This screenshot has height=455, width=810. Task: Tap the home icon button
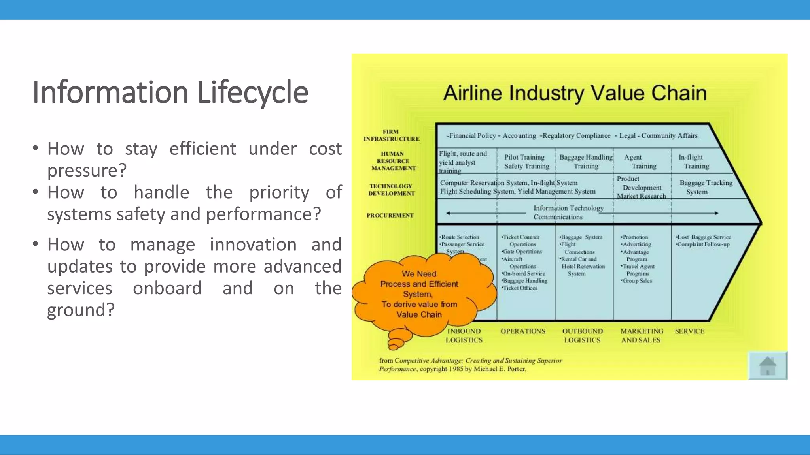click(767, 365)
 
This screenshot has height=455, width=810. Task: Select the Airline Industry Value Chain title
click(574, 93)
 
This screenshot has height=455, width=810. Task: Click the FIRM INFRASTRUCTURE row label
click(391, 135)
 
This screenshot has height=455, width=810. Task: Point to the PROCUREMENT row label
click(390, 215)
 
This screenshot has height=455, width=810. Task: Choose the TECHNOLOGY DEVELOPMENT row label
click(391, 190)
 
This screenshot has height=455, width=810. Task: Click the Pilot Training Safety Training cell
click(526, 162)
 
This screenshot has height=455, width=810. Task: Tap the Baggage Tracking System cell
click(706, 187)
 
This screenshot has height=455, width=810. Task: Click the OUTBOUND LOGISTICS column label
click(582, 335)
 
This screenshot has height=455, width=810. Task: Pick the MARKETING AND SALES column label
click(641, 335)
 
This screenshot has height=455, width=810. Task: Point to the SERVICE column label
click(689, 331)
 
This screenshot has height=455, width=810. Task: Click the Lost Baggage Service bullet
click(704, 237)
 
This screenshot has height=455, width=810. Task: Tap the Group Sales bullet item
click(637, 281)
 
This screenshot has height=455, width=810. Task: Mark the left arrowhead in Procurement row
click(449, 213)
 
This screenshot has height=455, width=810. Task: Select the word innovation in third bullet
click(253, 244)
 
